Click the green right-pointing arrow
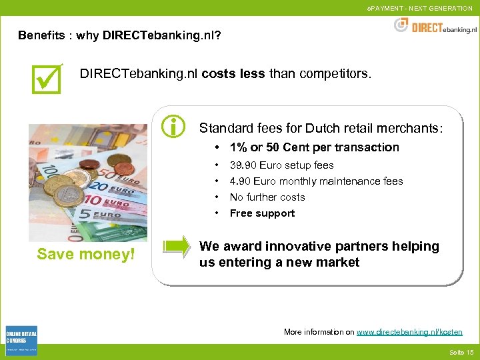(177, 247)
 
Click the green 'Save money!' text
(86, 254)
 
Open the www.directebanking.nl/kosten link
(409, 331)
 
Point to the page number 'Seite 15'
(461, 352)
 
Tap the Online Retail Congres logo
(21, 341)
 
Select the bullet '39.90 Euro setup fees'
(281, 165)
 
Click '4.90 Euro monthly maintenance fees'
(316, 181)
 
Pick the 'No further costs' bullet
(267, 197)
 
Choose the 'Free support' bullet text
(262, 213)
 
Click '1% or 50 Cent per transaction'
(314, 147)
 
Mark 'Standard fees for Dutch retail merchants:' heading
(321, 127)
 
